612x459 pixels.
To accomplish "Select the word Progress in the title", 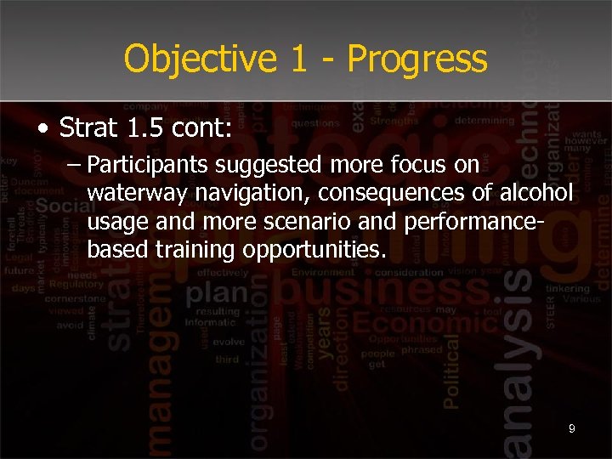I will [417, 59].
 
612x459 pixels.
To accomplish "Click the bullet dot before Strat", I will [42, 129].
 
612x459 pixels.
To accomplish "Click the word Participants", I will [150, 164].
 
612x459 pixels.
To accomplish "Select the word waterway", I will [137, 193].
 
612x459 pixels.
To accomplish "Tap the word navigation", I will [252, 193].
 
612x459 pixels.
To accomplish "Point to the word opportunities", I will [314, 251].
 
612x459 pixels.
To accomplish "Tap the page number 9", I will [571, 429].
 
